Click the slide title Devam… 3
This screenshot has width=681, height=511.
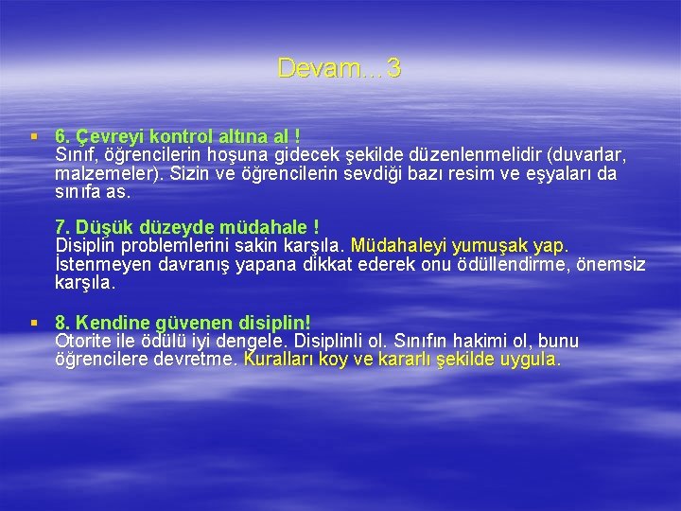point(340,68)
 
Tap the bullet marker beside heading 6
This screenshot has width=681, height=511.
point(34,136)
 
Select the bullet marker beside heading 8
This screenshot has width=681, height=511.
point(34,323)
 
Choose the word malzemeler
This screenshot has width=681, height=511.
point(99,173)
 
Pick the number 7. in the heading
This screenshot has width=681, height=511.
point(64,227)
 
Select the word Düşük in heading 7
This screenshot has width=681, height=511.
point(106,227)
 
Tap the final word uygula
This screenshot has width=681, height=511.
point(531,360)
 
